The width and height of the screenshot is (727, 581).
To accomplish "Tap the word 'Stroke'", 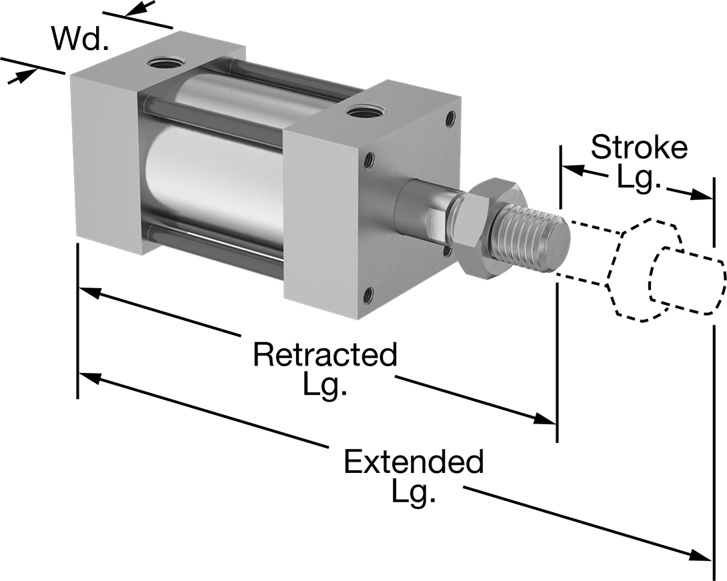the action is click(639, 147).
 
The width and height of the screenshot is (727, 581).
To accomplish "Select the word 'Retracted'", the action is click(325, 354).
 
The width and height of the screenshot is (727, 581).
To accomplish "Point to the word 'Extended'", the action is click(414, 461).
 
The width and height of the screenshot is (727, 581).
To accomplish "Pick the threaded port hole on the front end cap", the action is click(364, 112).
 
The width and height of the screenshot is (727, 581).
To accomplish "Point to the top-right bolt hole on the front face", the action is click(450, 118).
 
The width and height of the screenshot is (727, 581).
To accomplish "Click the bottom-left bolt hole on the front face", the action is click(368, 294).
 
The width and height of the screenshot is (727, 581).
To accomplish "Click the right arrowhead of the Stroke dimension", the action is click(700, 195).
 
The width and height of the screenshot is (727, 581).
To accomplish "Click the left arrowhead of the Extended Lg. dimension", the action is click(89, 379).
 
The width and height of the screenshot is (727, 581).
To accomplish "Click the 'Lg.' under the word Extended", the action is click(413, 494).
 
